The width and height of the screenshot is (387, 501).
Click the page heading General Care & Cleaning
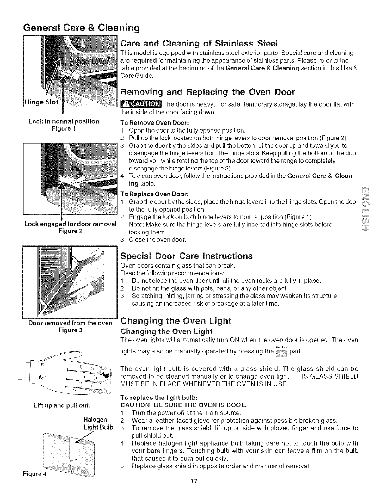[81, 28]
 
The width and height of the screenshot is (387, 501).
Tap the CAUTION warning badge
[141, 104]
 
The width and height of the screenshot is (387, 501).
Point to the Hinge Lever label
[89, 62]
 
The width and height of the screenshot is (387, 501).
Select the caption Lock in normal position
[64, 121]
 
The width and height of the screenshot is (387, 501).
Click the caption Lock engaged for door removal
[70, 224]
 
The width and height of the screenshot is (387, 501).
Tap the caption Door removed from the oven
[70, 323]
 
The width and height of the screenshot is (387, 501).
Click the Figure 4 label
[35, 474]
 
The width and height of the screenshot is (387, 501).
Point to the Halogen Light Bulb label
[98, 423]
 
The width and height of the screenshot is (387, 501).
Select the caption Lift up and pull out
[62, 405]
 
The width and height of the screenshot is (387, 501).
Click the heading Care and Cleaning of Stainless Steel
[199, 43]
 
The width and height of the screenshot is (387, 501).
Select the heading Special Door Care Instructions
[187, 256]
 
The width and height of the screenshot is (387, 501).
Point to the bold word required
[144, 61]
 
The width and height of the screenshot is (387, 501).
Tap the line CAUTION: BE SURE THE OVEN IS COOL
[184, 405]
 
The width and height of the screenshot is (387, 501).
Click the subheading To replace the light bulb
[159, 398]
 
